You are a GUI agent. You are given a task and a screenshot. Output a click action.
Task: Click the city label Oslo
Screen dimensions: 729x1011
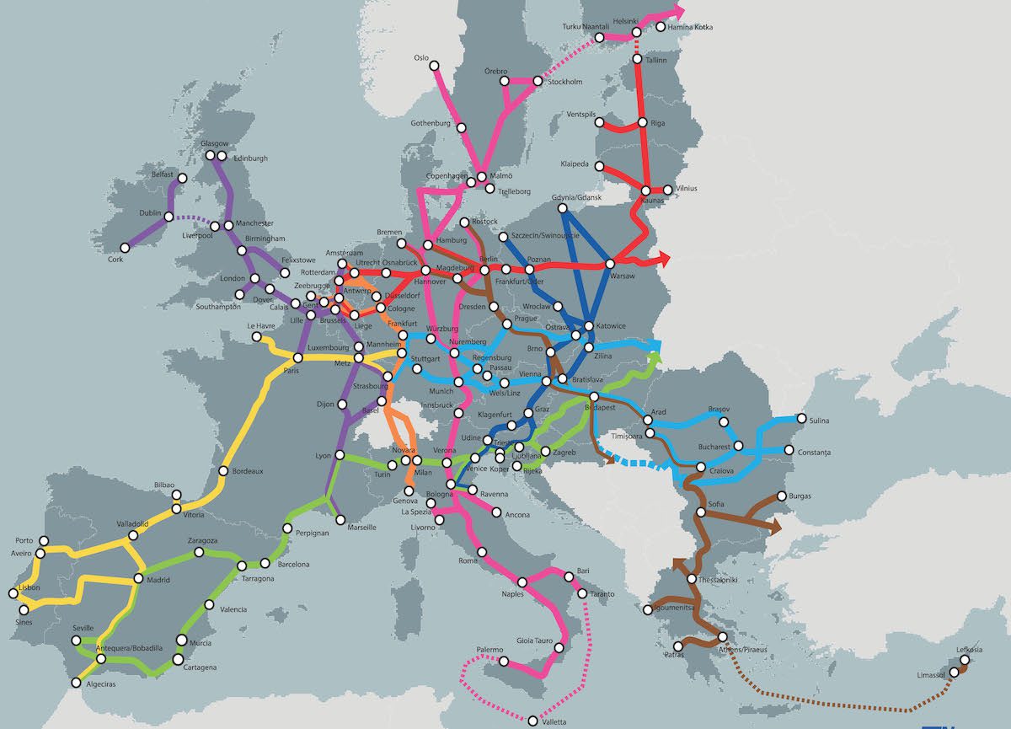(x=421, y=58)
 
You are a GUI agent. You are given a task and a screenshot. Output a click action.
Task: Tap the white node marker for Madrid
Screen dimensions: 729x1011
(x=138, y=580)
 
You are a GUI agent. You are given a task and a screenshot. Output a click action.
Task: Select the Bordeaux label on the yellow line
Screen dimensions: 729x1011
(x=248, y=471)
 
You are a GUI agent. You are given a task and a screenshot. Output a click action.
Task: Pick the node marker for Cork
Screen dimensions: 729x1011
(x=125, y=248)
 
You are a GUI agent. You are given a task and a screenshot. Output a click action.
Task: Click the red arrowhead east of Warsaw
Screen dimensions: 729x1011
(x=664, y=256)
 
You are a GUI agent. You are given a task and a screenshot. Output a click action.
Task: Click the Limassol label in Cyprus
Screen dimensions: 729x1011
(x=931, y=675)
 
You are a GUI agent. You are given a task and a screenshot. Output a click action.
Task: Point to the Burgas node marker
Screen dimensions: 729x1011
(x=782, y=496)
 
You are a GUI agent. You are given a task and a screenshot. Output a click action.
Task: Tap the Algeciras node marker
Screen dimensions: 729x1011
(x=77, y=683)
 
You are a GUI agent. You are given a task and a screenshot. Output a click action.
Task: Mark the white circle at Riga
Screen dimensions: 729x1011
(x=643, y=123)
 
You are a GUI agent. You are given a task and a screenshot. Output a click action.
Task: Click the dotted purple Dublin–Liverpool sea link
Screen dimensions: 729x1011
(x=195, y=220)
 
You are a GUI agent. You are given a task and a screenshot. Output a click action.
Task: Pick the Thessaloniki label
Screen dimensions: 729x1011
(x=717, y=580)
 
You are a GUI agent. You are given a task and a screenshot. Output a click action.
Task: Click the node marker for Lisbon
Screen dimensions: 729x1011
(x=13, y=593)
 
